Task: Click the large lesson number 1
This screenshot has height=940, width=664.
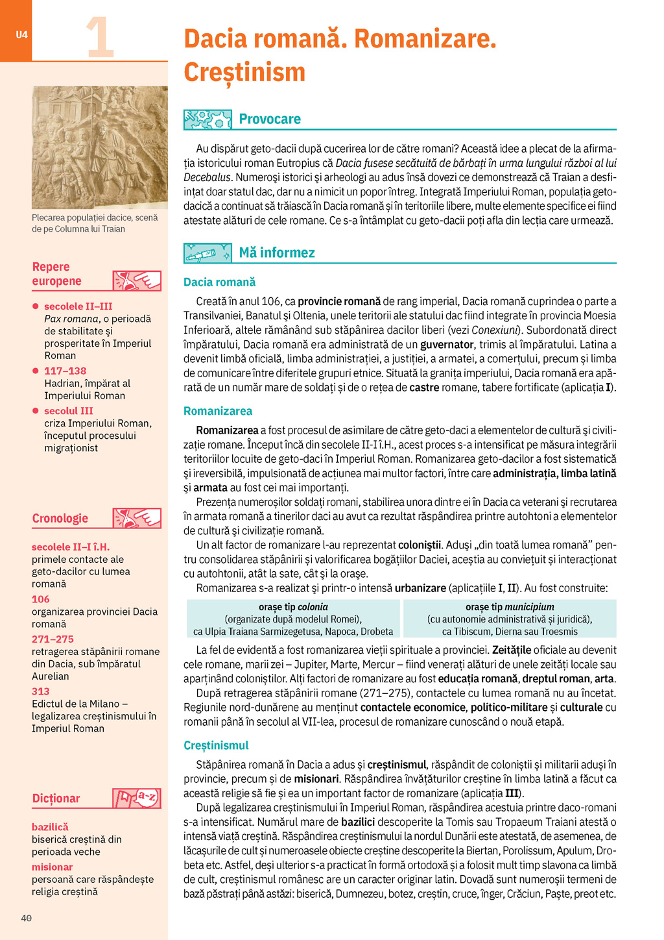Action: click(x=100, y=38)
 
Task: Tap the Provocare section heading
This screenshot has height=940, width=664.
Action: click(x=270, y=119)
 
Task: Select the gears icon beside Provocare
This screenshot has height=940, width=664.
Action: click(x=207, y=119)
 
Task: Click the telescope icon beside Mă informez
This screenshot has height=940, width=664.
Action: click(x=207, y=253)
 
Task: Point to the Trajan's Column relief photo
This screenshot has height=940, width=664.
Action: click(x=100, y=147)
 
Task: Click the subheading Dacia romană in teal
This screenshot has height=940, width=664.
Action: click(x=219, y=282)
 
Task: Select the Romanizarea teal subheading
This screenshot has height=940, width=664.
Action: click(x=218, y=411)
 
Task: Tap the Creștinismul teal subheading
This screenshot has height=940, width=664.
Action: click(x=216, y=745)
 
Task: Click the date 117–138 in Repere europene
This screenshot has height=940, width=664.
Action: click(x=65, y=371)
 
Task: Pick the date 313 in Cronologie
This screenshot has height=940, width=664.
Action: click(x=41, y=691)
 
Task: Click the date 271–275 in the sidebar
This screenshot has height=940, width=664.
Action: click(x=53, y=639)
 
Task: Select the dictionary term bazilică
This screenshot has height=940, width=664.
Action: click(x=50, y=827)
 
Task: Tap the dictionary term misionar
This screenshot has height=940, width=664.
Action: click(x=52, y=867)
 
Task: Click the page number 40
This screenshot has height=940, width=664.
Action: click(x=26, y=918)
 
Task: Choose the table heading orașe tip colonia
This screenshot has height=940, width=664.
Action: click(x=293, y=607)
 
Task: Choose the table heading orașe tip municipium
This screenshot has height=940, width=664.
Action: click(x=510, y=607)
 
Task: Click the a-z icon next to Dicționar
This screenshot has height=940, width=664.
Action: click(x=137, y=798)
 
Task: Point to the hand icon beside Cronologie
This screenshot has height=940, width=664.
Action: click(x=137, y=518)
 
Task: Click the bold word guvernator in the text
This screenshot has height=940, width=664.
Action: click(x=447, y=345)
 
